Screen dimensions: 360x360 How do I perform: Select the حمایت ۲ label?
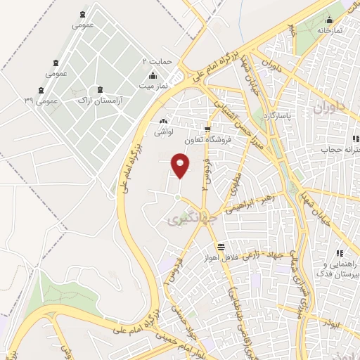click(157, 62)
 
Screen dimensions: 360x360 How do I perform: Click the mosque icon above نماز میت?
click(153, 75)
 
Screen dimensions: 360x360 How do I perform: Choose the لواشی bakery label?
click(165, 131)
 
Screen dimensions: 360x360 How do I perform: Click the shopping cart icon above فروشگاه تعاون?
click(207, 129)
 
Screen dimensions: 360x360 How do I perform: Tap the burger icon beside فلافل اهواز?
click(221, 247)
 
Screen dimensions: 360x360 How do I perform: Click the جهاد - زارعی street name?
click(262, 255)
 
